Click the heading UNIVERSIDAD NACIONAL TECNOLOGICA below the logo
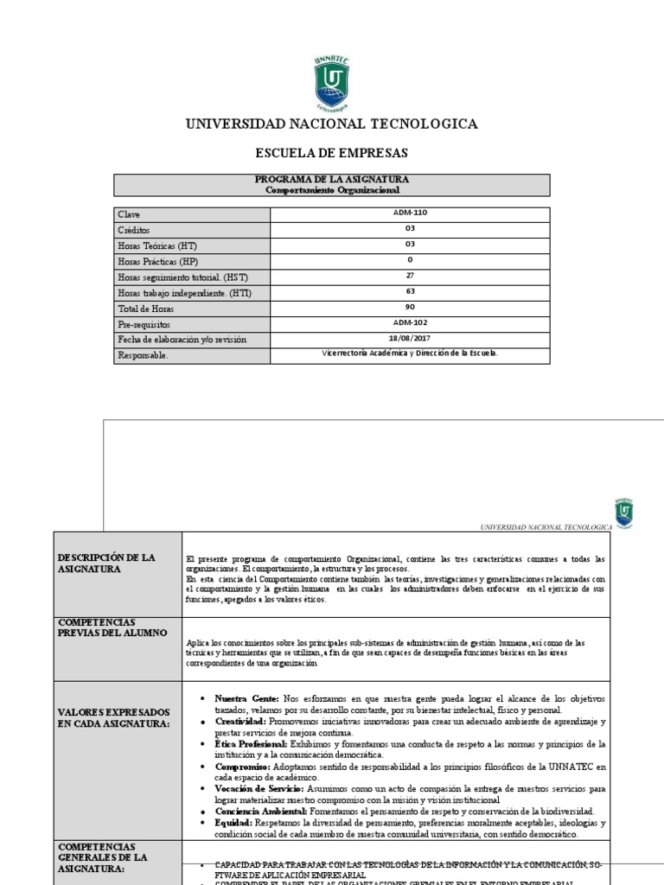tap(332, 124)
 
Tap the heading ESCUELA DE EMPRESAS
tap(331, 153)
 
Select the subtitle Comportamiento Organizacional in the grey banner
tap(332, 190)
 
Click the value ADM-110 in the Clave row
tap(410, 213)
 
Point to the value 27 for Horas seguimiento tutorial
tap(410, 276)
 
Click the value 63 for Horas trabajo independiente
tap(410, 292)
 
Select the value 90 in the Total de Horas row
tap(410, 308)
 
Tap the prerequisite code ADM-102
tap(410, 323)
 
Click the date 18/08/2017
tap(410, 339)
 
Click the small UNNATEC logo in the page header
tap(623, 512)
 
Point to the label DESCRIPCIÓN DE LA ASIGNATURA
tap(106, 563)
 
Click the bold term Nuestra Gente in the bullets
tap(246, 697)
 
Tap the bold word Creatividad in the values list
tap(240, 721)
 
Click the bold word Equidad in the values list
tap(233, 824)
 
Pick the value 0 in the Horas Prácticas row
tap(410, 260)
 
